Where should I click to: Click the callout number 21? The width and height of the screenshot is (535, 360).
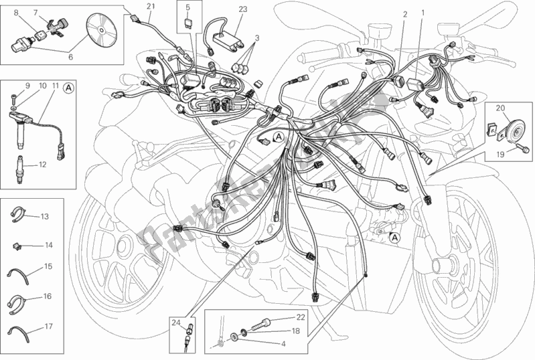click(150, 7)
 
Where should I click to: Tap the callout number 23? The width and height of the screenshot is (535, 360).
click(242, 9)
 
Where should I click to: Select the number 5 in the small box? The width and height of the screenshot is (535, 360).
click(187, 7)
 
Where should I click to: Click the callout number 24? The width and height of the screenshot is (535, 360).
click(175, 323)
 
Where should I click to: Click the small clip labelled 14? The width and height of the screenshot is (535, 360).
click(16, 246)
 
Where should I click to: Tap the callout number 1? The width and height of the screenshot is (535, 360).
click(423, 13)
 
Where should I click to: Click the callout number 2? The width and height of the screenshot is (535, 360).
click(405, 13)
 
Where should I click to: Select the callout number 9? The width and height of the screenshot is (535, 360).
click(28, 86)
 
